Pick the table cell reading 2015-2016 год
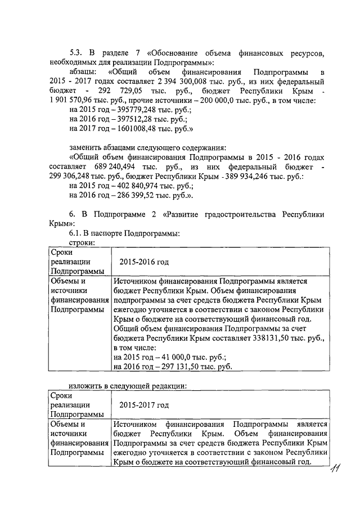[144, 262]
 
